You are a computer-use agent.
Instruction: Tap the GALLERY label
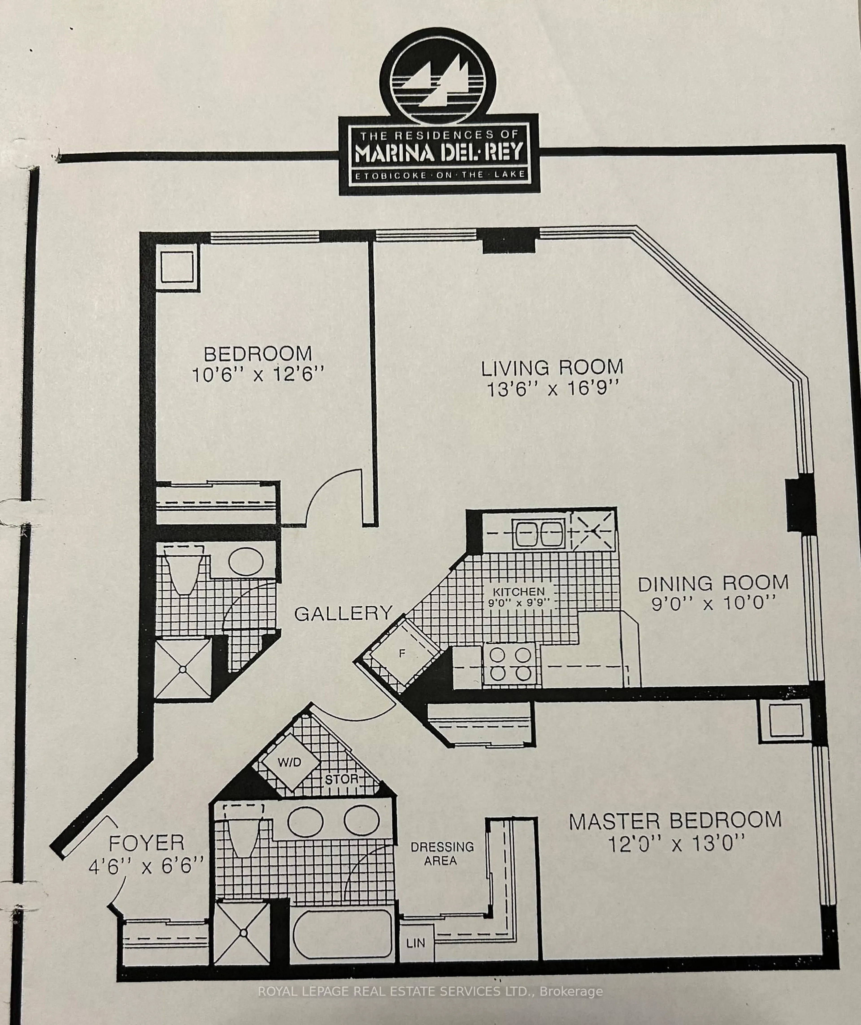pos(343,613)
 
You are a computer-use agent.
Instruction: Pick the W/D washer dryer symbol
pos(290,762)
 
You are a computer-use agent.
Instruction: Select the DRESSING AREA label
pos(442,854)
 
